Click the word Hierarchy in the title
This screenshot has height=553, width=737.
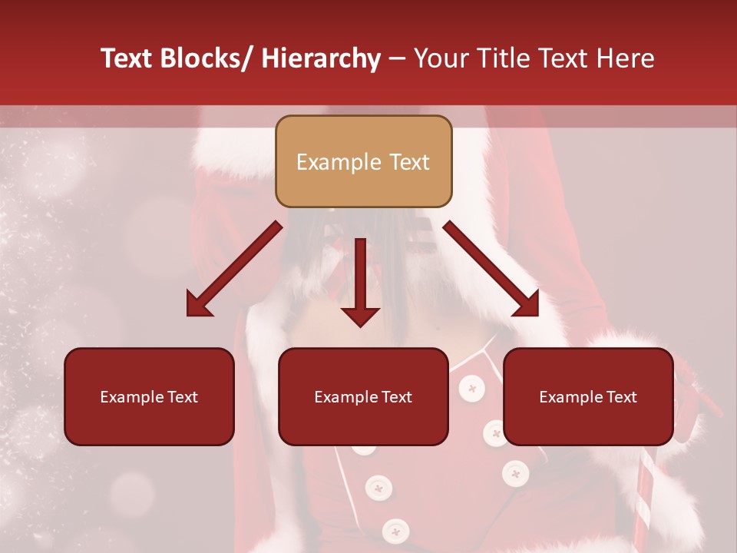(x=321, y=58)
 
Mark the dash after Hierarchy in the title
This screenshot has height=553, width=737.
(x=397, y=60)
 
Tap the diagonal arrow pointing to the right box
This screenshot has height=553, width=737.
(x=492, y=270)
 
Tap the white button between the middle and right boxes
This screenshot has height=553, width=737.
(x=473, y=388)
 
